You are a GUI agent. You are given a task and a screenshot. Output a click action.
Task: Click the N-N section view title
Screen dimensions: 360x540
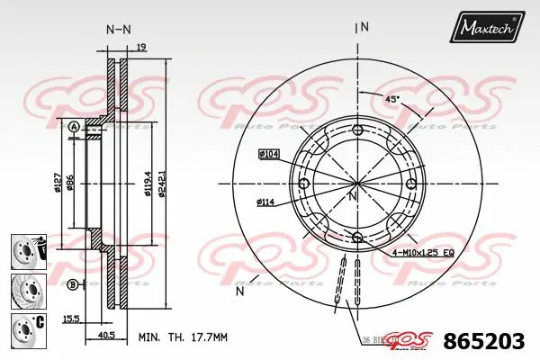(x=118, y=30)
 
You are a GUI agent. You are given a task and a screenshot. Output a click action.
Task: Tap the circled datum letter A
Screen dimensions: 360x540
(x=72, y=127)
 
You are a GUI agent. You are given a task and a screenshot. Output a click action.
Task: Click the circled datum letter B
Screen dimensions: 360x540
(x=72, y=284)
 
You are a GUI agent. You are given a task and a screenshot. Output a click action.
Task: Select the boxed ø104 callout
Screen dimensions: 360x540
(x=269, y=155)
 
